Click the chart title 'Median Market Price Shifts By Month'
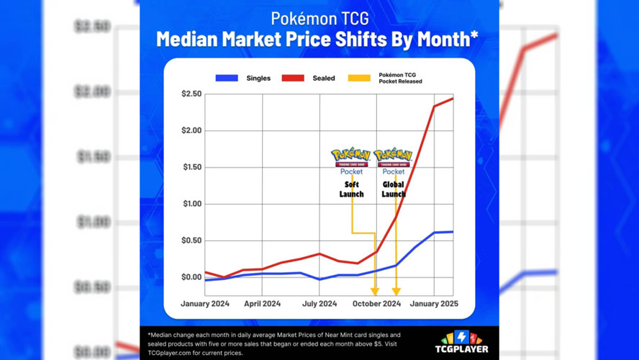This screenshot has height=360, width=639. tap(317, 38)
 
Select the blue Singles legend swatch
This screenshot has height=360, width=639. tap(227, 78)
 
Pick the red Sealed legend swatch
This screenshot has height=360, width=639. tap(292, 78)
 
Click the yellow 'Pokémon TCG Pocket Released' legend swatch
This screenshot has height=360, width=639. tap(359, 78)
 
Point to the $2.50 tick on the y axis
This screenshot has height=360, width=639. tap(191, 94)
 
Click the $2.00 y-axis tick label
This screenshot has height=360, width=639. tap(191, 130)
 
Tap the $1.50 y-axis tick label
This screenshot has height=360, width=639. tap(191, 167)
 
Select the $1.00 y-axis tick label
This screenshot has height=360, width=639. tap(191, 204)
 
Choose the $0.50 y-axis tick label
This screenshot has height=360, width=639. tap(191, 240)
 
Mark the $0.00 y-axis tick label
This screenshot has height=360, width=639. tap(191, 277)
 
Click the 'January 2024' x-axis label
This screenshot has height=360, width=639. tap(205, 304)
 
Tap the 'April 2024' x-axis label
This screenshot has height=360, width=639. tap(262, 304)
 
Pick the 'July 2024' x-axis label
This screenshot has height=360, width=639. tap(319, 304)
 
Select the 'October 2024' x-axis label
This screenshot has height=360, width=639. tap(376, 304)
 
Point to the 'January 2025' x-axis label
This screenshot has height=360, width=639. tap(434, 304)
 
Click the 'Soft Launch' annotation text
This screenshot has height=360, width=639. tap(351, 189)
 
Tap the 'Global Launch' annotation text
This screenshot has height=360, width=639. tap(394, 189)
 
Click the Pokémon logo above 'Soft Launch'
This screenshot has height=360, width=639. tap(351, 156)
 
